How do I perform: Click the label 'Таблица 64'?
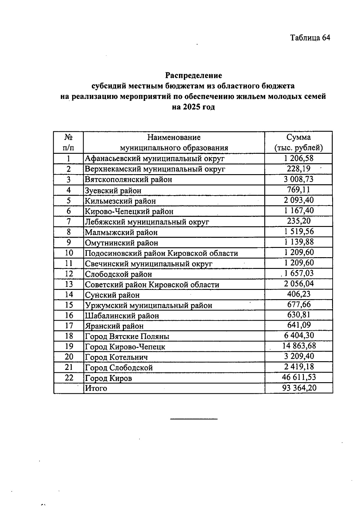pyautogui.click(x=310, y=38)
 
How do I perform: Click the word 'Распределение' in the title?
pyautogui.click(x=193, y=75)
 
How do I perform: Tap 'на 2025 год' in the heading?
pyautogui.click(x=193, y=107)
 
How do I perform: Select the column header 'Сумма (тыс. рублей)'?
pyautogui.click(x=298, y=142)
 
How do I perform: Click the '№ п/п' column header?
pyautogui.click(x=68, y=142)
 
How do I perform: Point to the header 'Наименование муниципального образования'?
pyautogui.click(x=174, y=142)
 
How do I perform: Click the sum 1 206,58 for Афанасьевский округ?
pyautogui.click(x=298, y=158)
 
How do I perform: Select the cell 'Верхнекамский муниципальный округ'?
pyautogui.click(x=155, y=169)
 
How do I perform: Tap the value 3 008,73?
pyautogui.click(x=298, y=179)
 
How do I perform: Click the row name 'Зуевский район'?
pyautogui.click(x=113, y=190)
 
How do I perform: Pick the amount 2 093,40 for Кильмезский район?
pyautogui.click(x=298, y=200)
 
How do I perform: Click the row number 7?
pyautogui.click(x=69, y=222)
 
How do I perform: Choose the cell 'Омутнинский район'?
pyautogui.click(x=121, y=243)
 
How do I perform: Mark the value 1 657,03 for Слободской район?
pyautogui.click(x=298, y=273)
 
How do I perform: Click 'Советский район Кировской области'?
pyautogui.click(x=152, y=284)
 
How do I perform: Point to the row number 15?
pyautogui.click(x=69, y=305)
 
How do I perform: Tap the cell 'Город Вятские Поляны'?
pyautogui.click(x=127, y=336)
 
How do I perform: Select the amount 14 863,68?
pyautogui.click(x=299, y=346)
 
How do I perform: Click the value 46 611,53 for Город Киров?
pyautogui.click(x=299, y=377)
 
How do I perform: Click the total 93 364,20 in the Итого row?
pyautogui.click(x=299, y=388)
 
